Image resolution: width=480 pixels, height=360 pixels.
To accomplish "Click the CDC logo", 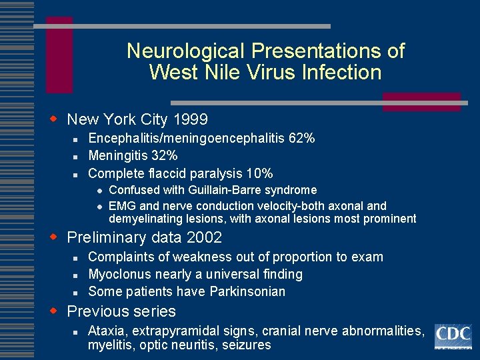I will [x=453, y=336].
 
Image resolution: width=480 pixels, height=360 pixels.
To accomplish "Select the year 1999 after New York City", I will [x=190, y=120].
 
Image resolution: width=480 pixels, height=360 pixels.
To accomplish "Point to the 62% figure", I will [x=302, y=139].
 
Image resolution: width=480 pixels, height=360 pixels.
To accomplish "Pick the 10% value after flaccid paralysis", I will [x=259, y=174].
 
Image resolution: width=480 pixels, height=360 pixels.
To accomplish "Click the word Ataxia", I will [x=106, y=331].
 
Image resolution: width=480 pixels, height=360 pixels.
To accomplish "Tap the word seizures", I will [x=247, y=345].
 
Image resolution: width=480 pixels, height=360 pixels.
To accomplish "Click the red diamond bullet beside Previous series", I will [x=56, y=311].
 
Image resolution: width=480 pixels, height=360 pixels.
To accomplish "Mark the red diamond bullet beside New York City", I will [x=56, y=119].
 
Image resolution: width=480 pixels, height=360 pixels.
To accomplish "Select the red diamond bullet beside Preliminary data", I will [x=56, y=237].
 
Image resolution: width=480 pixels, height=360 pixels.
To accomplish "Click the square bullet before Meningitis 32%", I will [x=77, y=157].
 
